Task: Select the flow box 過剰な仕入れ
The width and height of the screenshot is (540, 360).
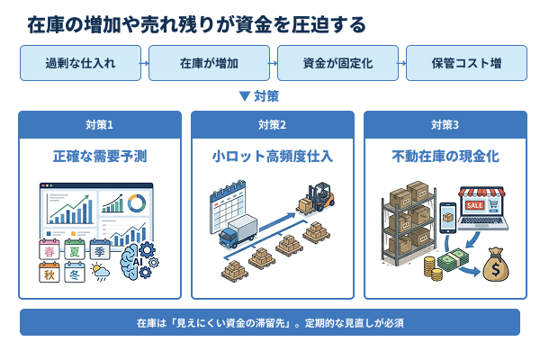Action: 80,64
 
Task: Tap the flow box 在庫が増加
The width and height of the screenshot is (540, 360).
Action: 209,64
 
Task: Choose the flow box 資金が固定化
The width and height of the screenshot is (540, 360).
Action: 337,64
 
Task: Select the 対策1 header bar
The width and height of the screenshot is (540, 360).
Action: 99,124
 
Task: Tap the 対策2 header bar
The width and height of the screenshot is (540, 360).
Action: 272,124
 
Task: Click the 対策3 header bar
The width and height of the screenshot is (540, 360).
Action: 445,124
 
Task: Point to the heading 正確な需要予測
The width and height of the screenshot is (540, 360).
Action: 99,157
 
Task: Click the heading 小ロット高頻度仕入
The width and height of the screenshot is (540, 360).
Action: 272,157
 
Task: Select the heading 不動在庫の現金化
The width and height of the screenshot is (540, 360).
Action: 445,157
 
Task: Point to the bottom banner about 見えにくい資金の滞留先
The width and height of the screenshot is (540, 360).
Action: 270,321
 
